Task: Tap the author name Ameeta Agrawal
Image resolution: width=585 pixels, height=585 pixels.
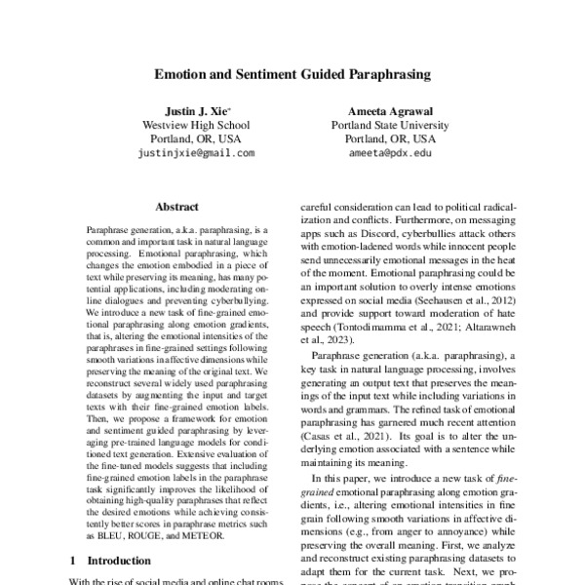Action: click(x=390, y=111)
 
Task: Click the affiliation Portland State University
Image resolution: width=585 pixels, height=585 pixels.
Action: click(x=390, y=126)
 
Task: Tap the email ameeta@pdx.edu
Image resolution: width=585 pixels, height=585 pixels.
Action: click(x=390, y=153)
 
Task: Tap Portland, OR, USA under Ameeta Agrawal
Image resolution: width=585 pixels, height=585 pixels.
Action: click(x=390, y=139)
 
